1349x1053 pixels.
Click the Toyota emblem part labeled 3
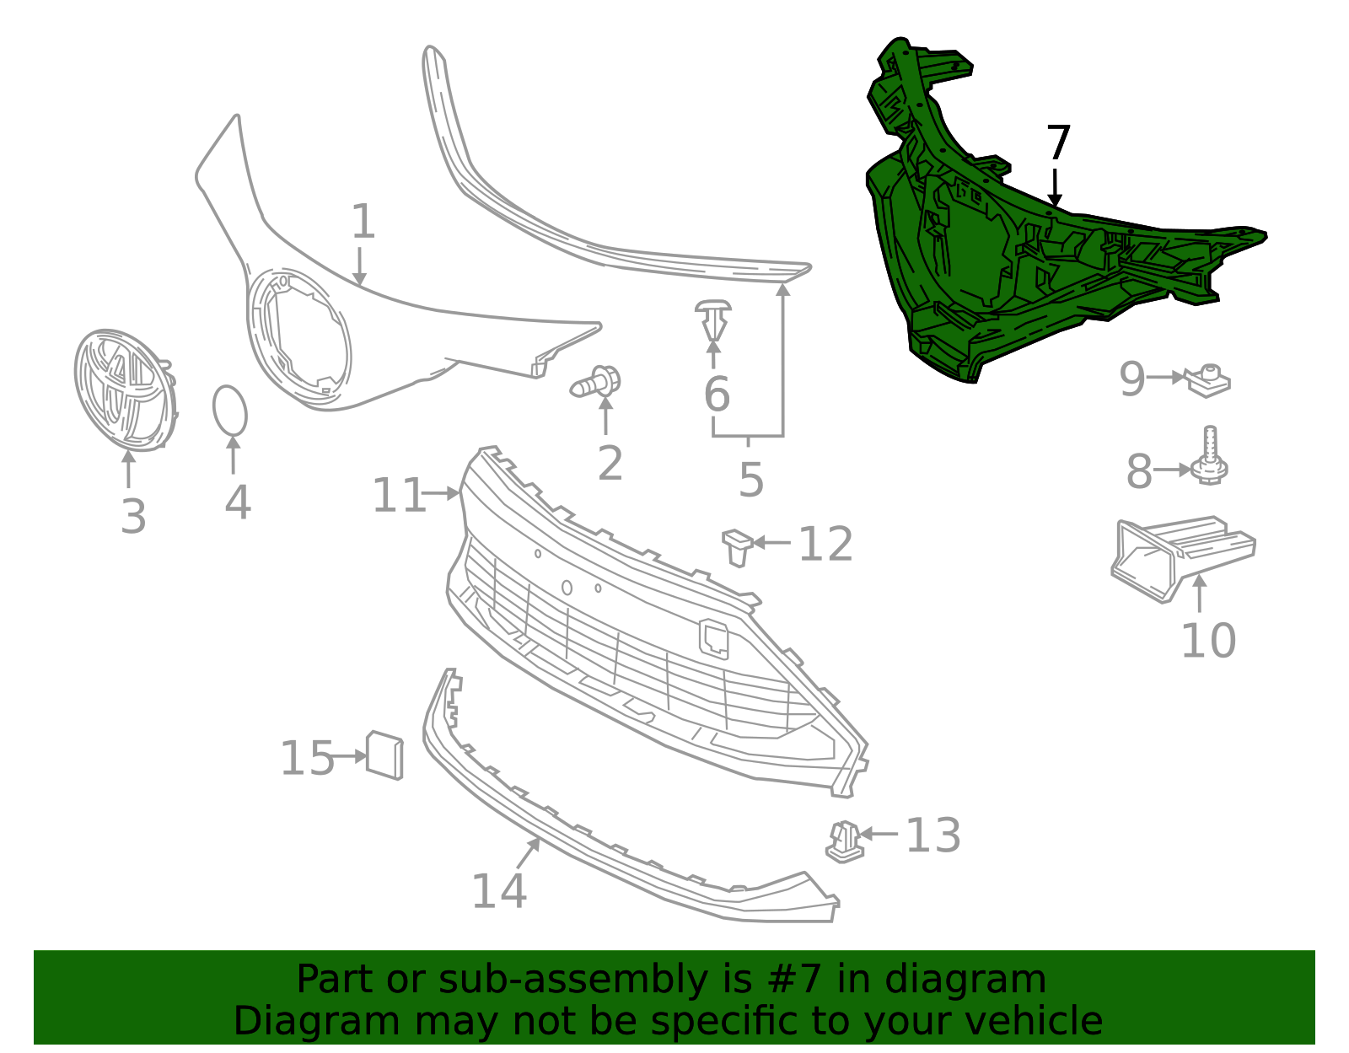click(x=125, y=390)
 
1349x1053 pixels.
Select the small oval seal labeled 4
click(x=229, y=411)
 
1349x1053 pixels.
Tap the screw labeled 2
click(x=598, y=384)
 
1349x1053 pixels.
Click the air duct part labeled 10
click(x=1180, y=556)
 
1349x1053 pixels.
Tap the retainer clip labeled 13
click(x=844, y=841)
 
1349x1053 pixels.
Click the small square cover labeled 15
click(x=384, y=755)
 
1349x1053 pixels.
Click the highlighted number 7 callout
click(x=1057, y=143)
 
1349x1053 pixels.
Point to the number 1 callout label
click(x=363, y=223)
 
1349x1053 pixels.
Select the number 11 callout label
click(x=399, y=495)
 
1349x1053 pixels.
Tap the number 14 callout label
click(x=499, y=891)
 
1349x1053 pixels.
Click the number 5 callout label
click(x=750, y=480)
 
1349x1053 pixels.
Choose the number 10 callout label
click(x=1207, y=641)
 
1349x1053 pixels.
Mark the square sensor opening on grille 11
click(x=714, y=638)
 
